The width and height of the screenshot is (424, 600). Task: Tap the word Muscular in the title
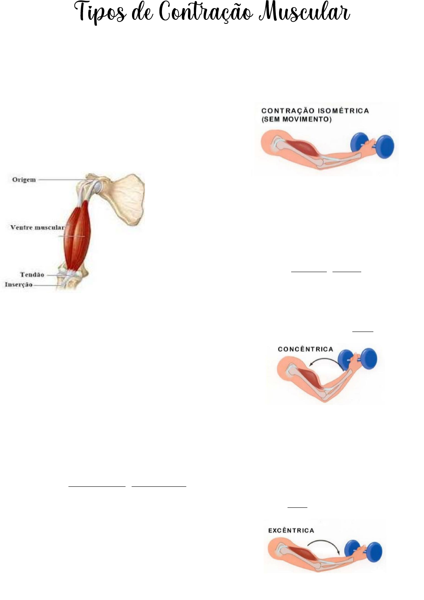coord(305,12)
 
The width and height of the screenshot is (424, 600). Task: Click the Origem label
coord(24,180)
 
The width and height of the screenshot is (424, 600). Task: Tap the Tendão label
coord(32,275)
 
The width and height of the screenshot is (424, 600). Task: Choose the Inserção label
coord(19,285)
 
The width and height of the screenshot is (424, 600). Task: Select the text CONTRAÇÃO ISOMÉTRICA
coord(315,111)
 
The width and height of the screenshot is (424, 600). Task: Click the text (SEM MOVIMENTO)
coord(296,119)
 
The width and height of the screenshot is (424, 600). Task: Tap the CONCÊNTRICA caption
coord(305,349)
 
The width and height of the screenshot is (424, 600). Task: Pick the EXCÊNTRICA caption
coord(291,530)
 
